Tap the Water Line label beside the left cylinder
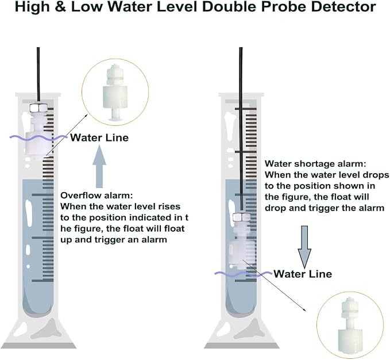(x=99, y=137)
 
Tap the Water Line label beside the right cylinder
(x=303, y=274)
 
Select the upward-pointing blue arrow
(x=99, y=166)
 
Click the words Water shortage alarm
(x=315, y=164)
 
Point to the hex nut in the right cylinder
(x=241, y=217)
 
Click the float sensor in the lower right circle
(x=350, y=326)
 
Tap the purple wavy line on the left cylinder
(x=38, y=137)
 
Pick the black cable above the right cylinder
(x=241, y=129)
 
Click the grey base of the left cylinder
(x=39, y=346)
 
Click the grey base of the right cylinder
(x=241, y=346)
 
